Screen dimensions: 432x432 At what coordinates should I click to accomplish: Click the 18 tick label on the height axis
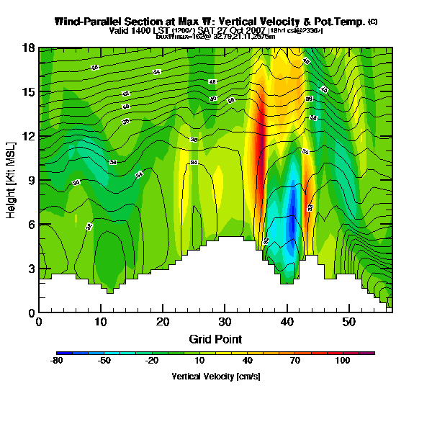pyautogui.click(x=28, y=48)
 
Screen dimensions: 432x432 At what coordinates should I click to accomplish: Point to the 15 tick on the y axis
pyautogui.click(x=28, y=92)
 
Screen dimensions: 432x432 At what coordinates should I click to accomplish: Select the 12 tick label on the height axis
pyautogui.click(x=28, y=136)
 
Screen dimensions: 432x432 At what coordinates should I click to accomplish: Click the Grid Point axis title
pyautogui.click(x=215, y=338)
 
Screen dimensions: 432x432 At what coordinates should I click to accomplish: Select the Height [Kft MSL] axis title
pyautogui.click(x=12, y=180)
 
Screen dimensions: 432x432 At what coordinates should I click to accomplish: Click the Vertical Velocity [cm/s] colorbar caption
pyautogui.click(x=215, y=376)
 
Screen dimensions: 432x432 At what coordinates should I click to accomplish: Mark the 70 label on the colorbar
pyautogui.click(x=294, y=361)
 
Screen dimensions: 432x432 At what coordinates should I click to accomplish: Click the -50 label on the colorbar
pyautogui.click(x=104, y=361)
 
